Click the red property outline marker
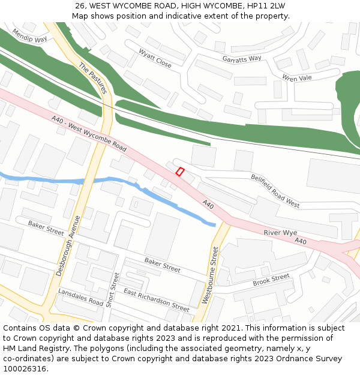click(x=179, y=172)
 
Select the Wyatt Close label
click(x=155, y=58)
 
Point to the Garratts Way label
click(x=242, y=58)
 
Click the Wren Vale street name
click(x=297, y=77)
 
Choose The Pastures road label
click(x=92, y=79)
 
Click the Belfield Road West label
click(x=275, y=191)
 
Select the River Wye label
click(x=280, y=233)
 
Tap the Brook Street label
click(x=271, y=280)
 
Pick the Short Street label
click(x=112, y=290)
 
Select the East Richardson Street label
click(x=156, y=299)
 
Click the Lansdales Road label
click(x=80, y=297)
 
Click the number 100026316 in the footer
click(x=25, y=368)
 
